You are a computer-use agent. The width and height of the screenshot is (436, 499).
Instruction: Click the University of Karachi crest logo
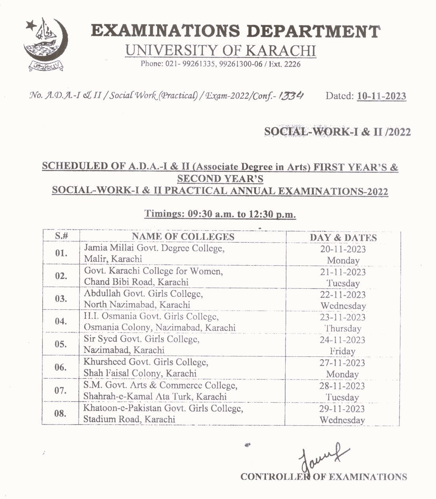[x=45, y=45]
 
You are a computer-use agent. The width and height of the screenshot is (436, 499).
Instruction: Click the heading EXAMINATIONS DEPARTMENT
[x=235, y=31]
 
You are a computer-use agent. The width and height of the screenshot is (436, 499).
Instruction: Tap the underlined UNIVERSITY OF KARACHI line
[x=220, y=51]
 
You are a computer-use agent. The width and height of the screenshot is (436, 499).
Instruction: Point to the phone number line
[x=221, y=64]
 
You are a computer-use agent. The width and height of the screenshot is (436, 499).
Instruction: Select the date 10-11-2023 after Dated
[x=381, y=96]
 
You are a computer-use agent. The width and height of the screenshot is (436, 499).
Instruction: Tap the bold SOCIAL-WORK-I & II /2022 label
[x=337, y=132]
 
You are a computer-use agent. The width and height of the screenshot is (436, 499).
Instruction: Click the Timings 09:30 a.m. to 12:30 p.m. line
[x=220, y=214]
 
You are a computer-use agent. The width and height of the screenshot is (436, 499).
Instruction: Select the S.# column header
[x=62, y=236]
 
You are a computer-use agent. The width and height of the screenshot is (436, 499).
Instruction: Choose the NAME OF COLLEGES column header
[x=183, y=236]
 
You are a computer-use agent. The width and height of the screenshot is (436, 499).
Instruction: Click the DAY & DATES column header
[x=343, y=238]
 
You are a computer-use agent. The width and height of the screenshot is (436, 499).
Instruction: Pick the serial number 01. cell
[x=61, y=253]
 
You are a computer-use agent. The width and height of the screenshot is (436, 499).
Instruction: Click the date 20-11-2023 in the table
[x=343, y=249]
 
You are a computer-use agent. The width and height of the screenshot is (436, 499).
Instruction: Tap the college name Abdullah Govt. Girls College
[x=143, y=293]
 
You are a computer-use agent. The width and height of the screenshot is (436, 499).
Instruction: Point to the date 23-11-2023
[x=343, y=318]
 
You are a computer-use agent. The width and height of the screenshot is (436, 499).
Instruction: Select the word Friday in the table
[x=342, y=351]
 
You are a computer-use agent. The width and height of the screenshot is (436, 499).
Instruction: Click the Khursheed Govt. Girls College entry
[x=146, y=362]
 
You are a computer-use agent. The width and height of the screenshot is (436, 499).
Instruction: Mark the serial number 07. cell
[x=61, y=391]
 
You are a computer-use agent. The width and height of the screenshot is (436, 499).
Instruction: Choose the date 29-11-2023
[x=342, y=409]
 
